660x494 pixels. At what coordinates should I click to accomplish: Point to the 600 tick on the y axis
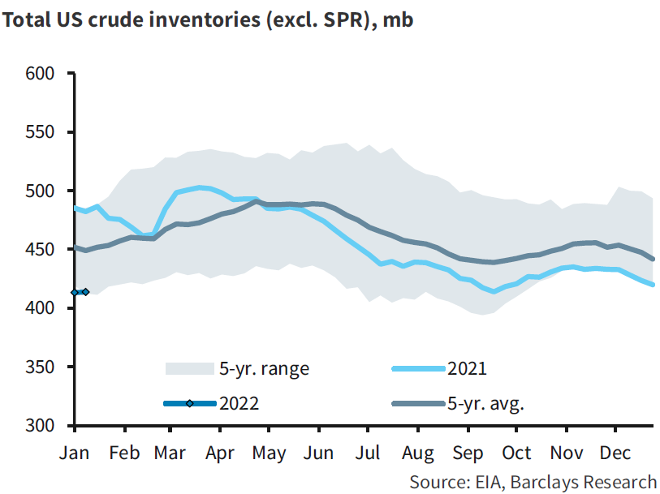pyautogui.click(x=41, y=74)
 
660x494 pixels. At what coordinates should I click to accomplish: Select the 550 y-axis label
pyautogui.click(x=41, y=132)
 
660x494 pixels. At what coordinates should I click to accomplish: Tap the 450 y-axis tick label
pyautogui.click(x=41, y=250)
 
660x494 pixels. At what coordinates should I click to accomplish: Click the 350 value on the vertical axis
pyautogui.click(x=41, y=367)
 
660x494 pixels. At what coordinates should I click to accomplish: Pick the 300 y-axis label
pyautogui.click(x=41, y=426)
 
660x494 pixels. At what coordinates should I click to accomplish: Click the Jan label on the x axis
pyautogui.click(x=75, y=453)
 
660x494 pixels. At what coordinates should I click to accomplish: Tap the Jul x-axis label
pyautogui.click(x=369, y=453)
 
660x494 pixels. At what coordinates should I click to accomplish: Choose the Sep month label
pyautogui.click(x=468, y=453)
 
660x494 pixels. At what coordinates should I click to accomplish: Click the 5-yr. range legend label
pyautogui.click(x=265, y=368)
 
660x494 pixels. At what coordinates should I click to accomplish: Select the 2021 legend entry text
pyautogui.click(x=467, y=368)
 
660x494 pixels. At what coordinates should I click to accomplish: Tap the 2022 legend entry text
pyautogui.click(x=239, y=403)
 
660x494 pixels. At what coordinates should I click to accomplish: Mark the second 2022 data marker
pyautogui.click(x=85, y=292)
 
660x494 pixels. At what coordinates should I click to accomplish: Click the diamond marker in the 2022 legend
pyautogui.click(x=189, y=403)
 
